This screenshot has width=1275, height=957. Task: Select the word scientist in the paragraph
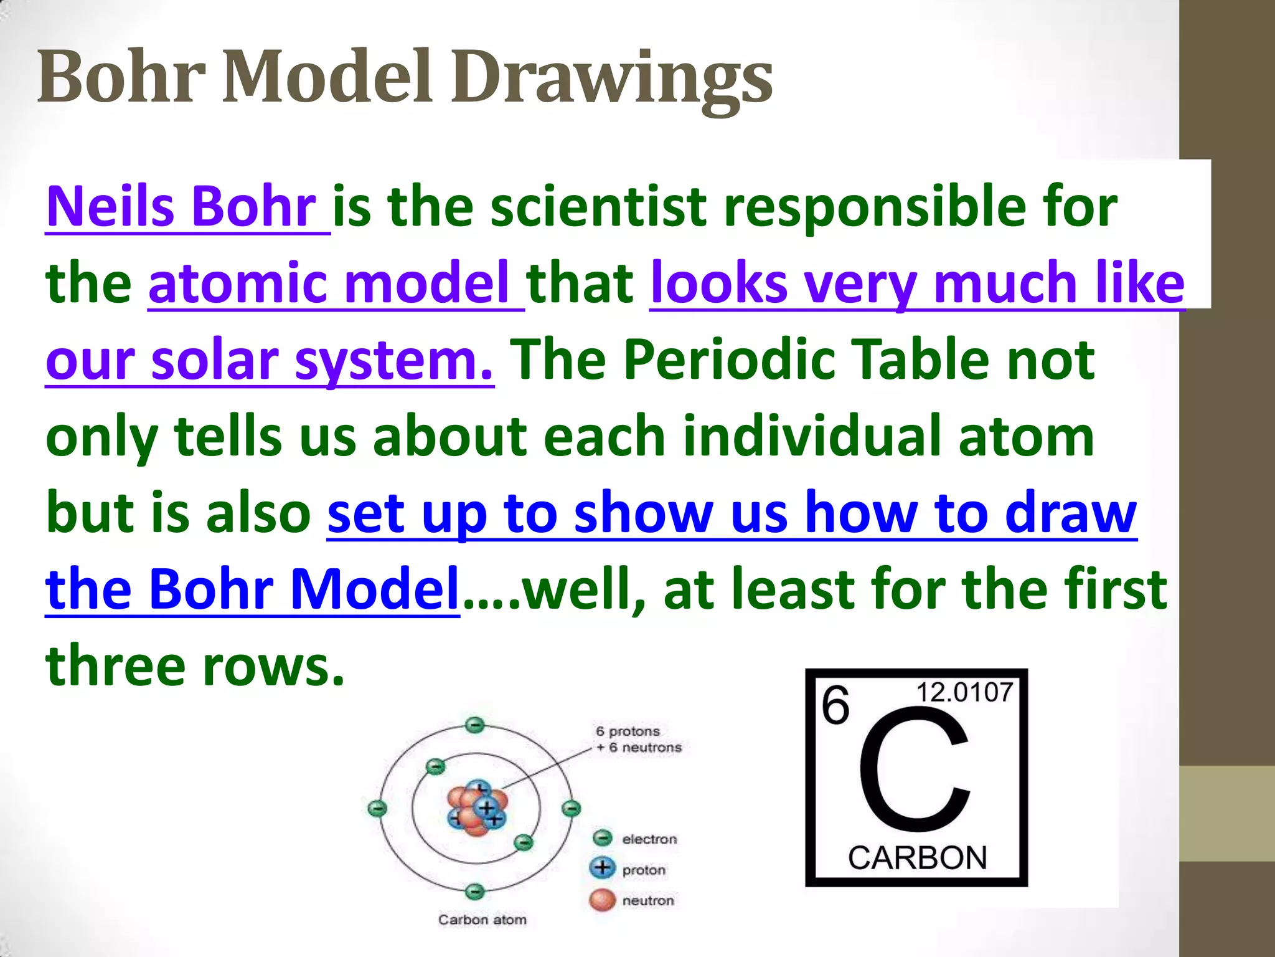[x=598, y=207]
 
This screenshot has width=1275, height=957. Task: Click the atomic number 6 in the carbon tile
[x=835, y=705]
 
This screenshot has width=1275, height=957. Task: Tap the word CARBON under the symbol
[x=917, y=858]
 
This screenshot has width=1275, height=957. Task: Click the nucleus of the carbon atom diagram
[x=477, y=809]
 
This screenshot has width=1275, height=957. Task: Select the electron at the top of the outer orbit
[x=475, y=725]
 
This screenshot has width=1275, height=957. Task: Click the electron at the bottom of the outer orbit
[x=475, y=892]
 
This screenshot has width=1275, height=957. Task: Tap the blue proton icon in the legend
[x=602, y=867]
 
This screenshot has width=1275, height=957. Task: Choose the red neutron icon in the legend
[x=602, y=900]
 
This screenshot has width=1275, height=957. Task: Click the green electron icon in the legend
[x=602, y=838]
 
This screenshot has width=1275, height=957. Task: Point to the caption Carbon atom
[x=482, y=920]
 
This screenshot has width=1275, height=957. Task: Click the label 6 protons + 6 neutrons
[x=638, y=739]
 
